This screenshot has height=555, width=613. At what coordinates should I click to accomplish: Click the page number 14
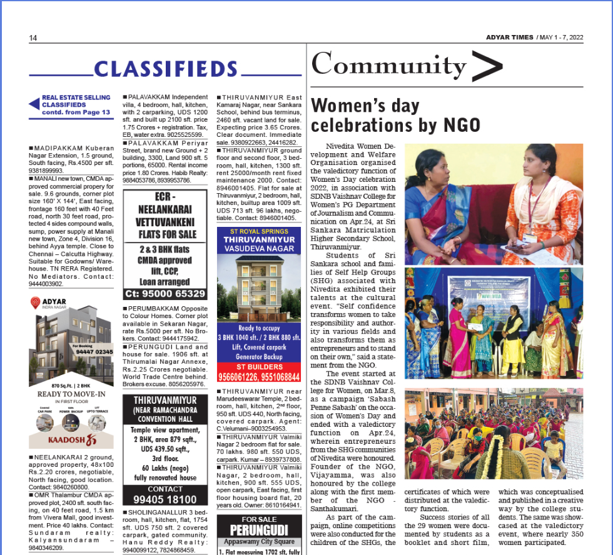click(33, 38)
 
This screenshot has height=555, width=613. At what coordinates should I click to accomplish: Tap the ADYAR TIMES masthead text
click(509, 37)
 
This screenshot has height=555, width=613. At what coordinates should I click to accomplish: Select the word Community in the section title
click(389, 64)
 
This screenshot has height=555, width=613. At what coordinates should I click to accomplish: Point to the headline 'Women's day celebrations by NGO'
click(396, 115)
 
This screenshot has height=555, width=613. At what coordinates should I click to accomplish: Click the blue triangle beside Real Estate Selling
click(34, 104)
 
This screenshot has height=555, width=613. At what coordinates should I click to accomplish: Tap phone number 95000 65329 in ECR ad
click(165, 293)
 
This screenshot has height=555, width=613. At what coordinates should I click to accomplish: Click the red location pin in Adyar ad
click(36, 304)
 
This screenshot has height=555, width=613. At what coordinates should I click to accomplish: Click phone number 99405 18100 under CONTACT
click(165, 499)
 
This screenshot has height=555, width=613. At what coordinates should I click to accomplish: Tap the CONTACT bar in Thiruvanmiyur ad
click(165, 489)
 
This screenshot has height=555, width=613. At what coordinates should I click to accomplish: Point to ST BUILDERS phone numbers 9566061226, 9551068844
click(259, 377)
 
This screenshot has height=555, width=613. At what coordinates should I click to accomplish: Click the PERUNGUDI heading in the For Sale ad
click(258, 531)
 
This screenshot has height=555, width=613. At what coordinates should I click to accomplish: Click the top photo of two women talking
click(494, 204)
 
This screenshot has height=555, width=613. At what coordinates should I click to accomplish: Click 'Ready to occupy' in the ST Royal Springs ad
click(258, 328)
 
